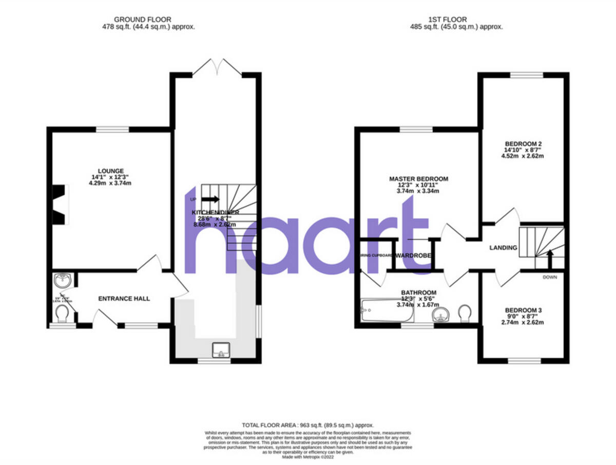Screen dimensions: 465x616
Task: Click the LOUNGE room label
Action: coord(111,171)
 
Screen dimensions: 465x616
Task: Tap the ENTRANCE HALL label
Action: coord(124,299)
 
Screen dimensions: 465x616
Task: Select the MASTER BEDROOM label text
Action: coord(418,179)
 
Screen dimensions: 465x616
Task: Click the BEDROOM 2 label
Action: coord(523,144)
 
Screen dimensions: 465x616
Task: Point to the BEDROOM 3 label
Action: coord(523,310)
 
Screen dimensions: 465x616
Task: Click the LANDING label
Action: coord(503,248)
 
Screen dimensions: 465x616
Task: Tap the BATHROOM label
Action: coord(418,292)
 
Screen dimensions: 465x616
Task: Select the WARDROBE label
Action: coord(413,255)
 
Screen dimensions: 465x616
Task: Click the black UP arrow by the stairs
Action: coord(210,199)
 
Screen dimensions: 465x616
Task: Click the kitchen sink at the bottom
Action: coord(221,351)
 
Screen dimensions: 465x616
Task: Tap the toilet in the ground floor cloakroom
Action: coord(63,312)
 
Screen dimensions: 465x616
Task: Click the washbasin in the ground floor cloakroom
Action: coord(62,281)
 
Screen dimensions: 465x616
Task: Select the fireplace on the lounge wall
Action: coord(61,204)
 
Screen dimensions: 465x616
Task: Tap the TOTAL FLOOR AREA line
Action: coord(308,425)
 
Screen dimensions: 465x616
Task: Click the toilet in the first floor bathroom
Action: coord(465,312)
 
